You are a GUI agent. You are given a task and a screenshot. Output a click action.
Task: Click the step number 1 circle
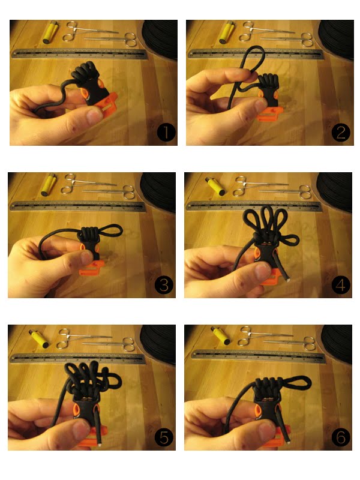pyautogui.click(x=166, y=133)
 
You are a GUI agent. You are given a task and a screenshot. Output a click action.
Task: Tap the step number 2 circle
pyautogui.click(x=341, y=133)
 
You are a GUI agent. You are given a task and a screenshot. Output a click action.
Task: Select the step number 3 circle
pyautogui.click(x=164, y=285)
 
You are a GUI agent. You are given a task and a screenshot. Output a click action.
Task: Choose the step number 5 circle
pyautogui.click(x=164, y=437)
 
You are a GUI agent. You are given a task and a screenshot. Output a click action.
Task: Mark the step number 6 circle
pyautogui.click(x=341, y=437)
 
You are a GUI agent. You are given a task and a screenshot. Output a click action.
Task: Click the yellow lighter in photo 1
pyautogui.click(x=50, y=32)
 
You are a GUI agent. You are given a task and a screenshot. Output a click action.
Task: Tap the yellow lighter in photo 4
pyautogui.click(x=215, y=186)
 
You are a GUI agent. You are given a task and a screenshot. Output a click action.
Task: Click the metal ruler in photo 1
pyautogui.click(x=79, y=53)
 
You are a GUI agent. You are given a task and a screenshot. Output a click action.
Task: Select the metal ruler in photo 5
pyautogui.click(x=77, y=358)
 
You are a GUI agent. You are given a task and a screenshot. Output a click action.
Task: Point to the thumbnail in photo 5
pyautogui.click(x=82, y=430)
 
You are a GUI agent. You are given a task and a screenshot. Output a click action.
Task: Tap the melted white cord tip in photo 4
pyautogui.click(x=288, y=279)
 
